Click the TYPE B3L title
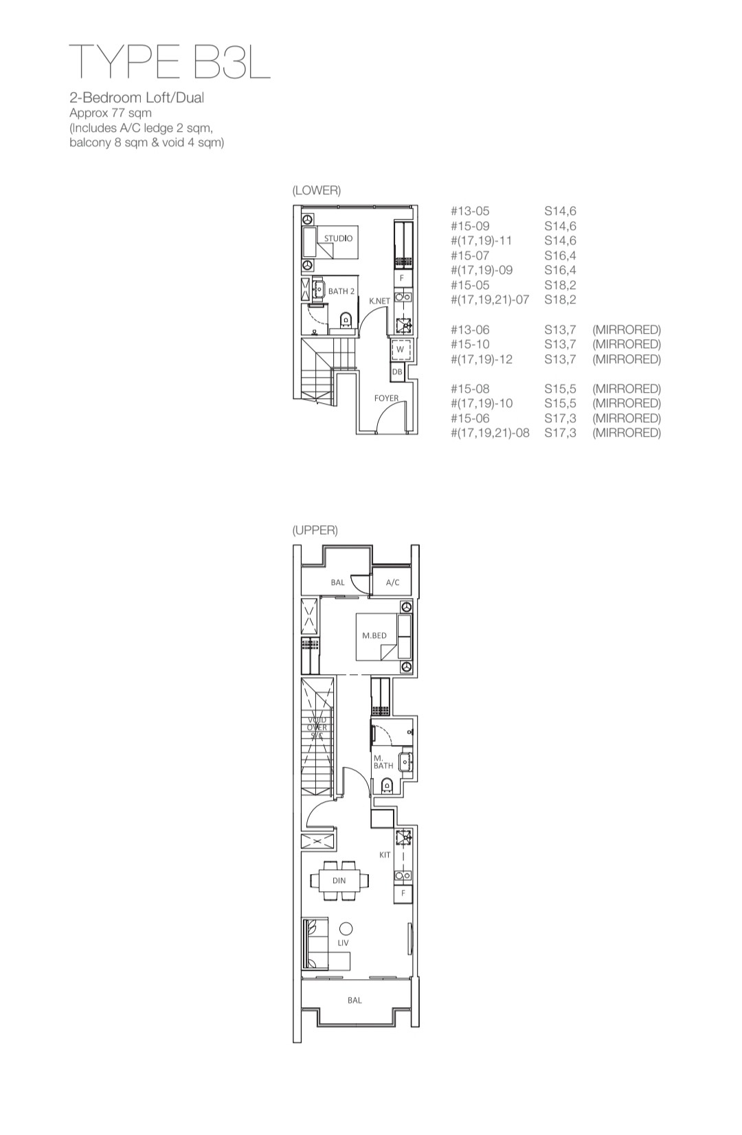[170, 62]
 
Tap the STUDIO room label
[338, 238]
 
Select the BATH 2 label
[341, 291]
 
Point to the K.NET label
[380, 301]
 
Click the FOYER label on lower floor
[386, 398]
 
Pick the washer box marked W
[401, 349]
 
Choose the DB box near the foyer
[397, 372]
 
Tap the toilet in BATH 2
[346, 320]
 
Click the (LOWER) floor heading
[316, 190]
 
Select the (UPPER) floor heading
[315, 530]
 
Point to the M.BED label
[374, 635]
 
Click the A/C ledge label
[392, 582]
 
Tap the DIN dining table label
[339, 881]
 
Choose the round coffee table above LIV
[346, 928]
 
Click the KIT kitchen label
[385, 855]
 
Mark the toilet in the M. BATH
[387, 786]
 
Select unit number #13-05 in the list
[470, 211]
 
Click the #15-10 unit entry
[470, 344]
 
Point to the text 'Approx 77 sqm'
[111, 113]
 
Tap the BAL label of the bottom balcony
[355, 1000]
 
